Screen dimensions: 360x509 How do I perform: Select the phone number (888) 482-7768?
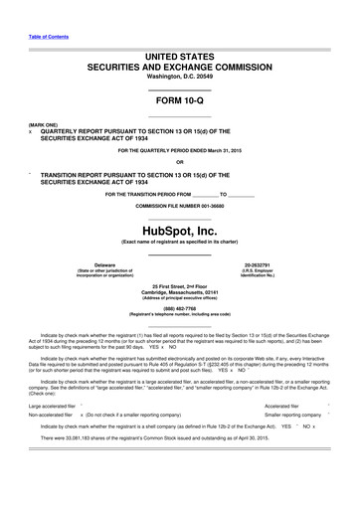click(x=180, y=308)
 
